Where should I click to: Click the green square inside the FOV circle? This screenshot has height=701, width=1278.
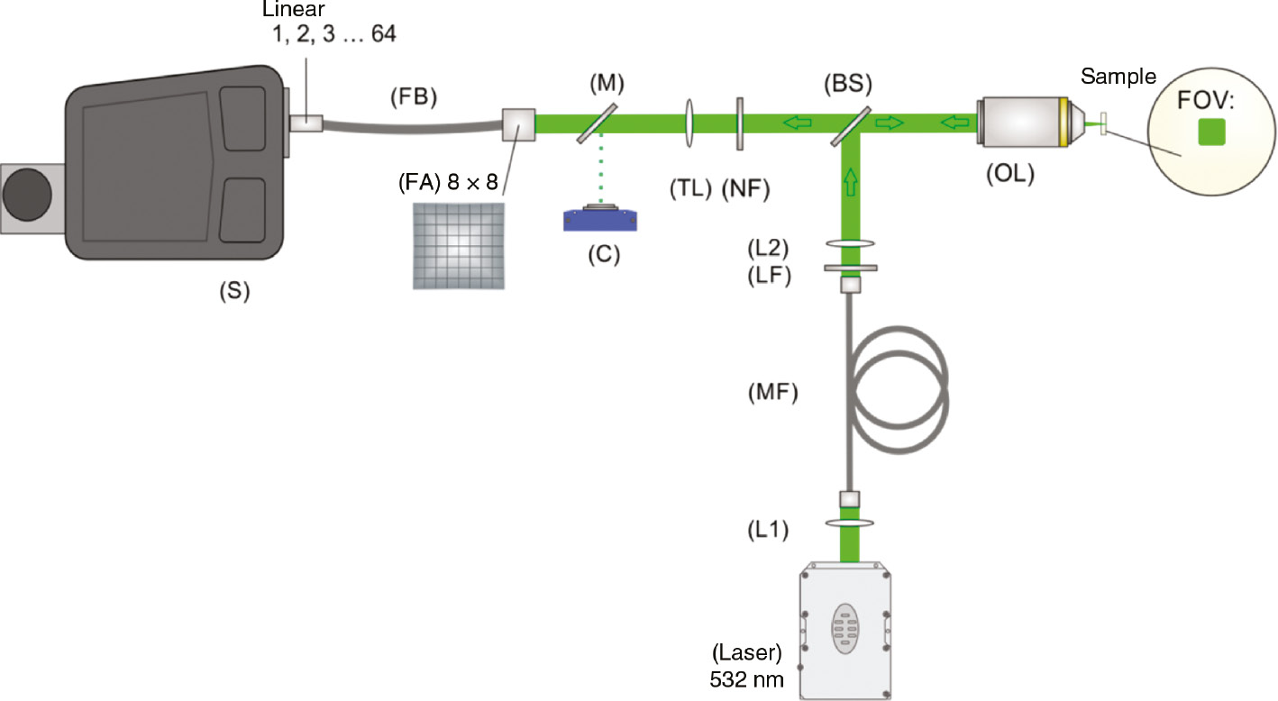(1210, 132)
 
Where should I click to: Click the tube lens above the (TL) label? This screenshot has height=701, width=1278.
(689, 121)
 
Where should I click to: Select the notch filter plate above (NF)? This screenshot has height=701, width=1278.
(738, 121)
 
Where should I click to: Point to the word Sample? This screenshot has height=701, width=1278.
(1118, 77)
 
